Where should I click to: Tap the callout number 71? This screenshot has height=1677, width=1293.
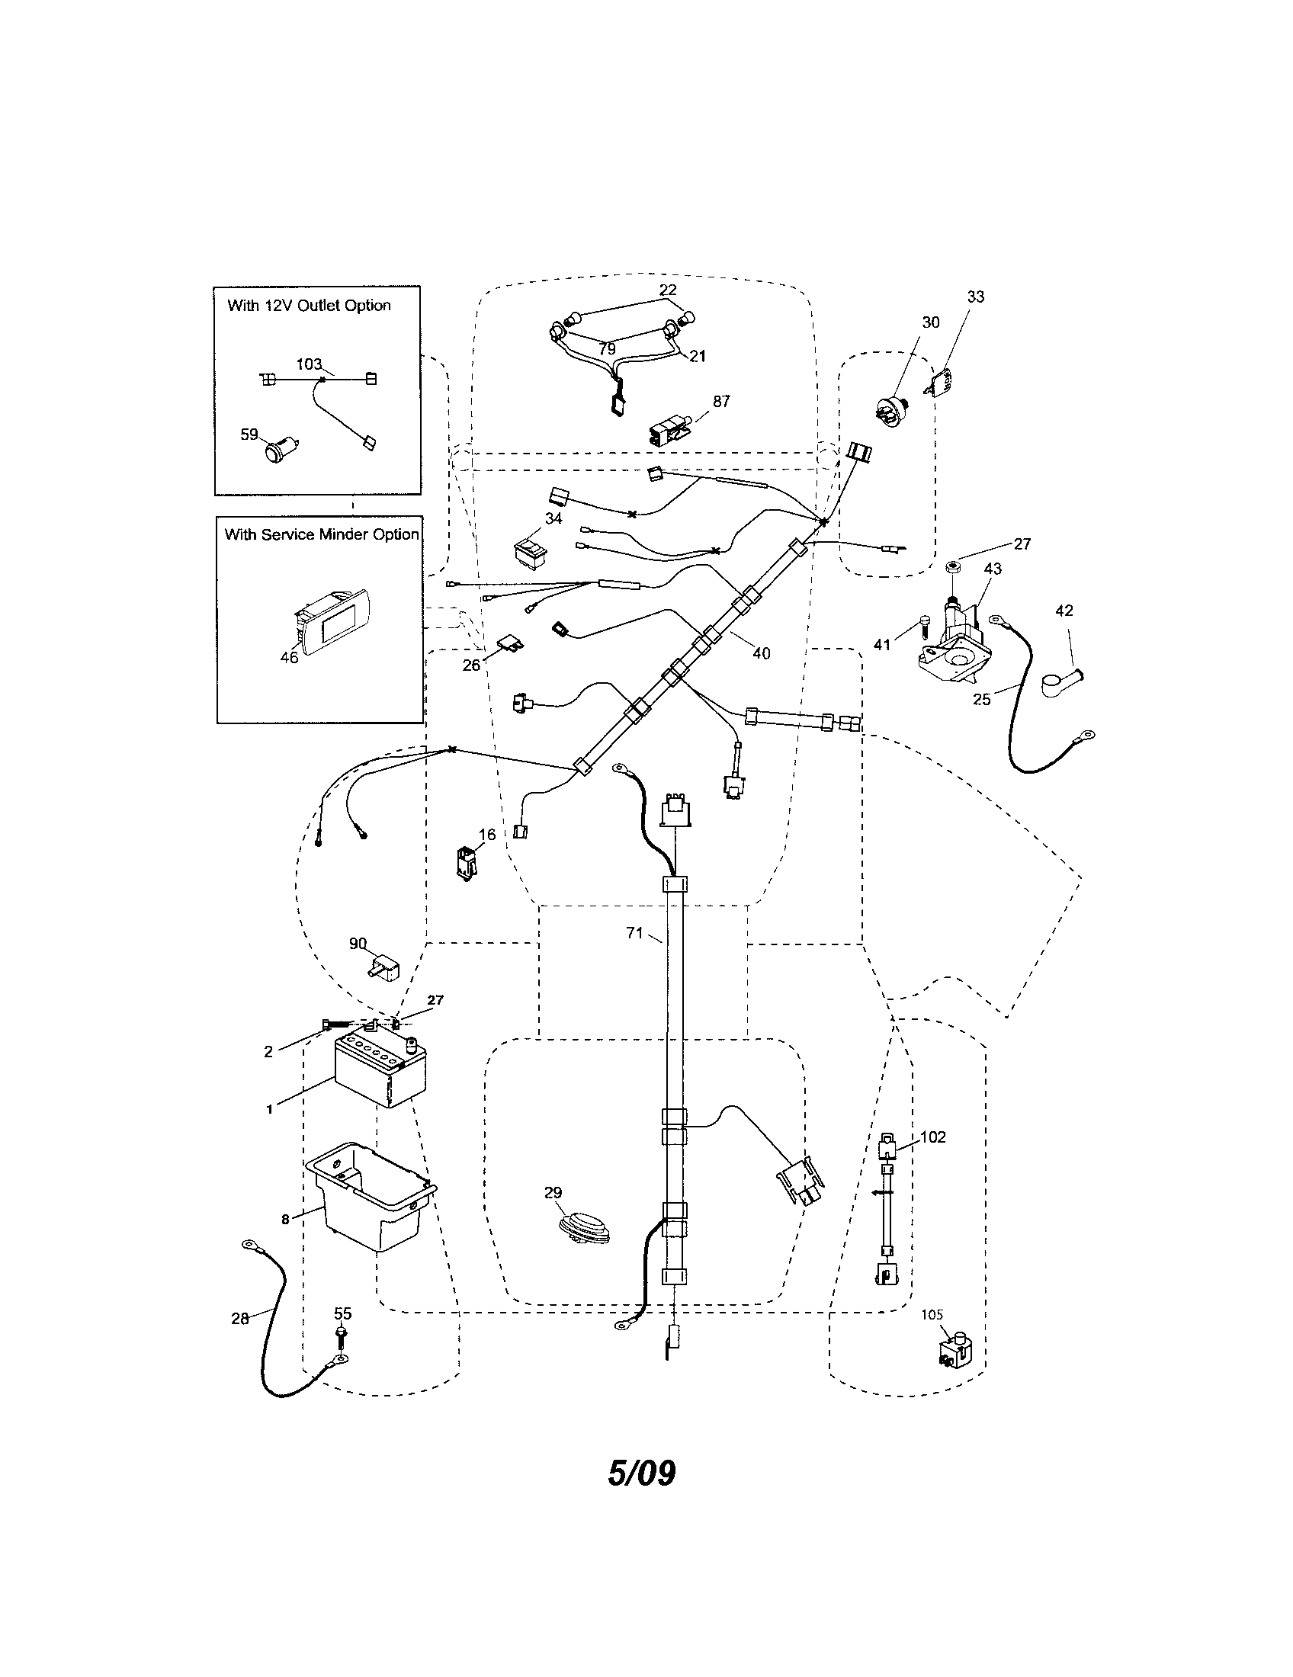(x=634, y=934)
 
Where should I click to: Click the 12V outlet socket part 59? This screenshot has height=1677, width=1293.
(x=279, y=449)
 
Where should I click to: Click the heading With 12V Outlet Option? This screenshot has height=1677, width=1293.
(x=309, y=306)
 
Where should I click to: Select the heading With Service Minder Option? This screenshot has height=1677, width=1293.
(x=321, y=534)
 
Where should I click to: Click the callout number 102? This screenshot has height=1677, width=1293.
(x=933, y=1137)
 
